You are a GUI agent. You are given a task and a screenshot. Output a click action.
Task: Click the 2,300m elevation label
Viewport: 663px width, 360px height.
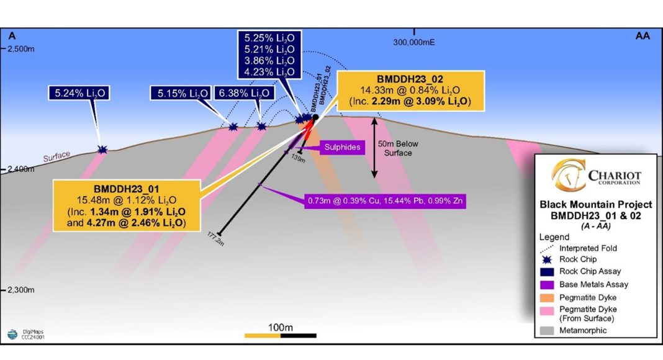coord(22,290)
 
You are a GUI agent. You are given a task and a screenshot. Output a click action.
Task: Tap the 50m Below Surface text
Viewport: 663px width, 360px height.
coord(395,149)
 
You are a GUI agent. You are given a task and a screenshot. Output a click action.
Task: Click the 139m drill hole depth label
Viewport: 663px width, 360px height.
coord(298,160)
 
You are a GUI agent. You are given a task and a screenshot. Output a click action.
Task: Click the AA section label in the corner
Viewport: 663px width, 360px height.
coord(643,37)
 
